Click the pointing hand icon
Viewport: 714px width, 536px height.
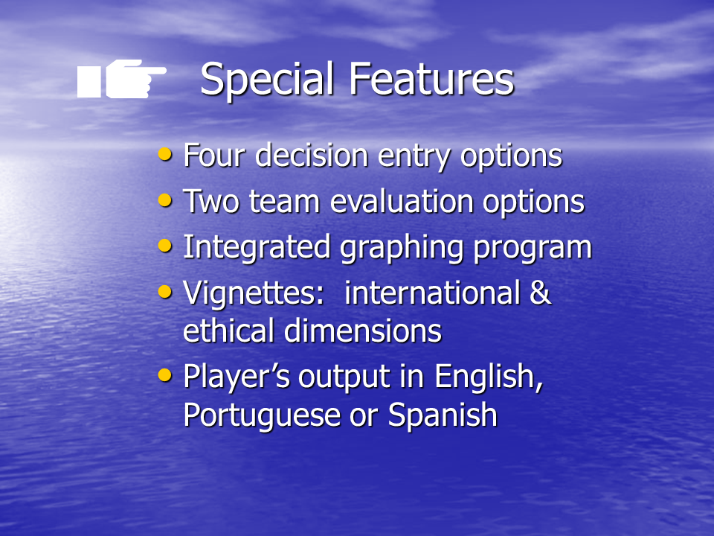pos(121,78)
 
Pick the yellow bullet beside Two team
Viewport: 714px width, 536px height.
pos(165,200)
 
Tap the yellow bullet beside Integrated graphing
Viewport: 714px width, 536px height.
pos(165,246)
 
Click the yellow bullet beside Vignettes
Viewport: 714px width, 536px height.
pos(165,291)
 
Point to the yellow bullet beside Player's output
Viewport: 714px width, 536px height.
pos(165,375)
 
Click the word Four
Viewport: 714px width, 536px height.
pos(214,156)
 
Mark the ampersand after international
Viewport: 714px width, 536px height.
pos(541,292)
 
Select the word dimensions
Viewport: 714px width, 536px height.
pos(363,331)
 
